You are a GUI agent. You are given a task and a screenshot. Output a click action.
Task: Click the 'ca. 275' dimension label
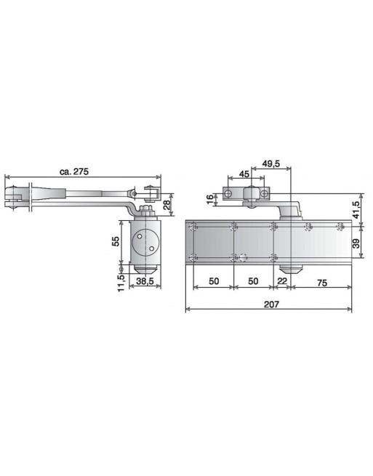pyautogui.click(x=74, y=172)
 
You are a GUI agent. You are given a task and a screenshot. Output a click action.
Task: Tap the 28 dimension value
pyautogui.click(x=167, y=205)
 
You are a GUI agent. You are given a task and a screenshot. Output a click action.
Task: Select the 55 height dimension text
pyautogui.click(x=116, y=241)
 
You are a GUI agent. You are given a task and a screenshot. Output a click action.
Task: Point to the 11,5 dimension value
pyautogui.click(x=121, y=283)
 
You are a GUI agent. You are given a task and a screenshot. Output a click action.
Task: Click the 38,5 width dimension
pyautogui.click(x=145, y=281)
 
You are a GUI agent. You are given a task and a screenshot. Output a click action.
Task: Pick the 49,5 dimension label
pyautogui.click(x=271, y=164)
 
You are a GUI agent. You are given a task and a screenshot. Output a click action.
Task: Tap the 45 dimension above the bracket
pyautogui.click(x=244, y=174)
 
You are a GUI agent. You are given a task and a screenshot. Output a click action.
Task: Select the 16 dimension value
pyautogui.click(x=210, y=199)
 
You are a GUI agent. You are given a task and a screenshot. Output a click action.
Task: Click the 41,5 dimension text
pyautogui.click(x=356, y=210)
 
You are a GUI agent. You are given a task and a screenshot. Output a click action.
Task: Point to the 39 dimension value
pyautogui.click(x=356, y=243)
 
